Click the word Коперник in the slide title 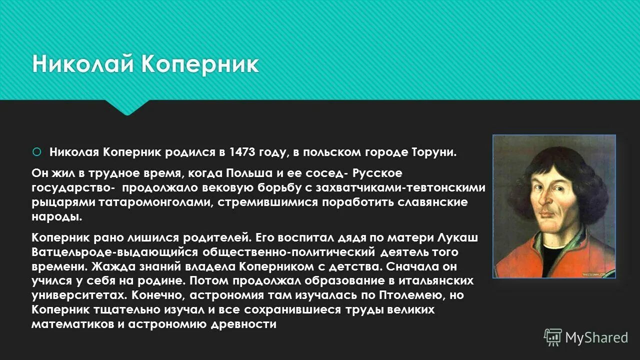point(200,65)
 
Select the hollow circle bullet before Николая point(36,151)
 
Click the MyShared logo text point(596,337)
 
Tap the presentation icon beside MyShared point(553,337)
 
